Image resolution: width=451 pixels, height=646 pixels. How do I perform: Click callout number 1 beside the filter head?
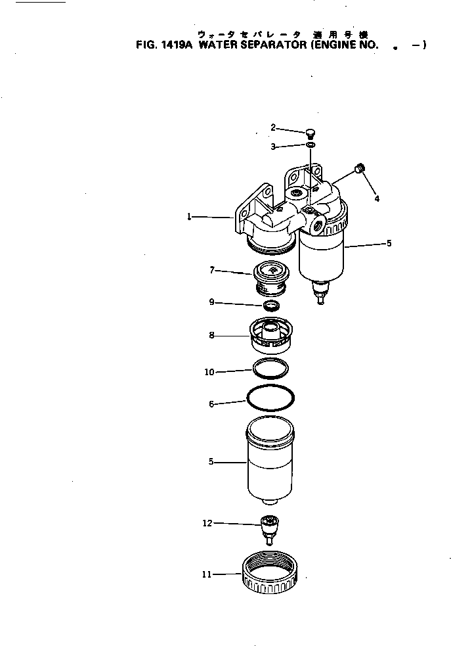point(189,216)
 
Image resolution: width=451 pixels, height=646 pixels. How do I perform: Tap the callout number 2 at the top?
point(273,127)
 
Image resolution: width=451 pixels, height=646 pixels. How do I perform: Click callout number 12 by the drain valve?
point(207,524)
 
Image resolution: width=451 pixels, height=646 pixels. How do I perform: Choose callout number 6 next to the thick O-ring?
point(211,404)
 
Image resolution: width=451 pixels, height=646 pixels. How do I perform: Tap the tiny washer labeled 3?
point(311,145)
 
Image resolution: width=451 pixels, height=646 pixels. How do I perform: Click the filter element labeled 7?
point(271,276)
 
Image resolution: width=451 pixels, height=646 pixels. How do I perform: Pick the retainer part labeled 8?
point(271,335)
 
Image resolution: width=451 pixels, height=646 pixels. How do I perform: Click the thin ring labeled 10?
point(271,368)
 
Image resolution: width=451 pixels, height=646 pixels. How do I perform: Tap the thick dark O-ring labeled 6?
point(270,398)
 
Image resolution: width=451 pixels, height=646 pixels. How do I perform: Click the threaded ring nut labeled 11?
point(269,575)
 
